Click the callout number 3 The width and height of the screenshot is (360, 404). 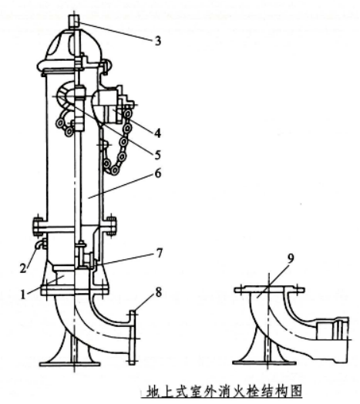click(x=158, y=41)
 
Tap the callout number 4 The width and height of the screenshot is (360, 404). click(x=157, y=133)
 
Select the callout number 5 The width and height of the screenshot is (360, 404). click(x=157, y=155)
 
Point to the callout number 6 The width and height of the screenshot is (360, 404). click(x=158, y=173)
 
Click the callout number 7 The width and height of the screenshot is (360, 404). click(x=160, y=253)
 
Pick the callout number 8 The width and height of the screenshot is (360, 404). click(x=158, y=292)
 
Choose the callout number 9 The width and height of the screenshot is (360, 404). click(x=291, y=258)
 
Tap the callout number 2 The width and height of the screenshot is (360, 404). click(x=23, y=268)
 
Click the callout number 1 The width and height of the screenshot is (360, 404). click(x=23, y=295)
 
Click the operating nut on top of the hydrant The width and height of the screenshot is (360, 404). click(x=74, y=21)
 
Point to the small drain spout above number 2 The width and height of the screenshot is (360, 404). click(x=40, y=244)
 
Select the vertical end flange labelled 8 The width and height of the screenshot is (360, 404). click(x=132, y=338)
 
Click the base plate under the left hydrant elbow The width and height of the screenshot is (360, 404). click(x=69, y=364)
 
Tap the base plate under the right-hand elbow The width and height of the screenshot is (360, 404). click(x=264, y=363)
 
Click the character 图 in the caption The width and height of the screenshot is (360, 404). click(x=295, y=392)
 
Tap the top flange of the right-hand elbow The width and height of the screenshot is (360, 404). click(x=270, y=290)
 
